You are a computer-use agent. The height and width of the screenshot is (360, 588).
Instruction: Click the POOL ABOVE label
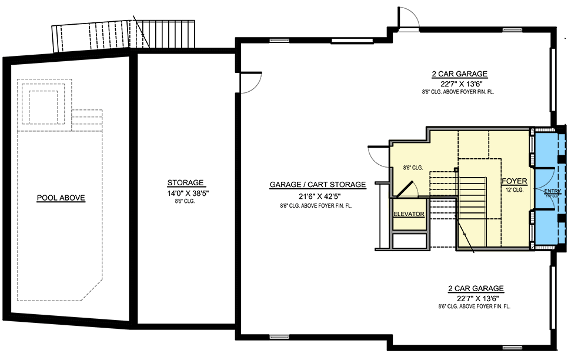[x=61, y=198]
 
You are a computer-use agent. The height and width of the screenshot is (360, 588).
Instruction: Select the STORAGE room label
[x=185, y=182]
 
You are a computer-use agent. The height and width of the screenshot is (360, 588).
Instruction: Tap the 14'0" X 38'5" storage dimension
[x=185, y=192]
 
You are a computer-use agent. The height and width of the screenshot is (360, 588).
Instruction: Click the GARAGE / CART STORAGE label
[x=318, y=185]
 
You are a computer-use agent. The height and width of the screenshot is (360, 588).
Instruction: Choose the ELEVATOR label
[x=409, y=214]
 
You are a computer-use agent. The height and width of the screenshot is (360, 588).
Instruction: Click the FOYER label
[x=514, y=181]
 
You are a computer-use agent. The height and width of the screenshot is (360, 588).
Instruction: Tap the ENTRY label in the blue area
[x=552, y=192]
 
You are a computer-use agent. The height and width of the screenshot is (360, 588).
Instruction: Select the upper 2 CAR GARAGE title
[x=460, y=74]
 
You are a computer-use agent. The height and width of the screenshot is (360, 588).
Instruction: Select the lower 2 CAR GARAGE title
[x=476, y=288]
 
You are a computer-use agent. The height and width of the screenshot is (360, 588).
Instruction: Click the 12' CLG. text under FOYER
[x=514, y=190]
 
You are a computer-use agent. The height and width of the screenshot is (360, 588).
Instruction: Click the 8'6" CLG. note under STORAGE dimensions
[x=185, y=201]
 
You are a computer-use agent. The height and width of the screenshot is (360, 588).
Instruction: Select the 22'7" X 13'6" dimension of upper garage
[x=460, y=84]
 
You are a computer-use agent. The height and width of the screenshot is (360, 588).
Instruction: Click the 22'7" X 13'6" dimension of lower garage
[x=476, y=298]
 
